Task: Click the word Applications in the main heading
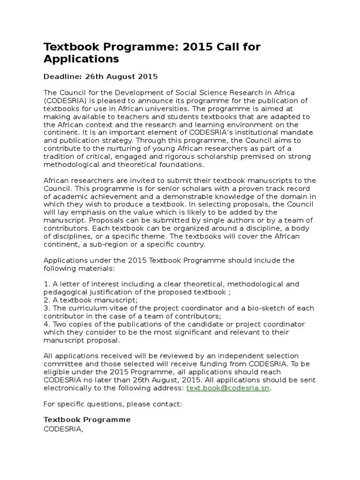pos(81,59)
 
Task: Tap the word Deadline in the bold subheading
pos(61,76)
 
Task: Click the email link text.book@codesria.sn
pos(228,388)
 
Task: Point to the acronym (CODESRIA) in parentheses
pos(65,100)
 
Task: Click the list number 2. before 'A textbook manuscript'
pos(46,300)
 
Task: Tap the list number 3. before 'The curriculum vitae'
pos(46,308)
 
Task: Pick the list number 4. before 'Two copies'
pos(46,324)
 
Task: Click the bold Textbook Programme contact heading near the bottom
pos(87,420)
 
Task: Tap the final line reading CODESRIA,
pos(63,428)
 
